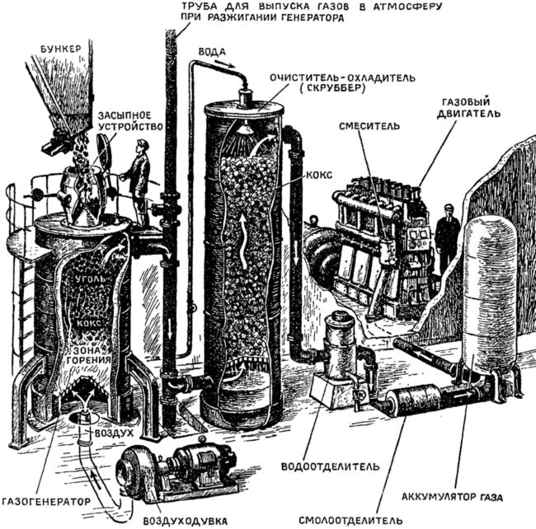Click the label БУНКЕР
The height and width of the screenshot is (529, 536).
pos(59,49)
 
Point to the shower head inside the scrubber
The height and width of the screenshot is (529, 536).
pos(244,129)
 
